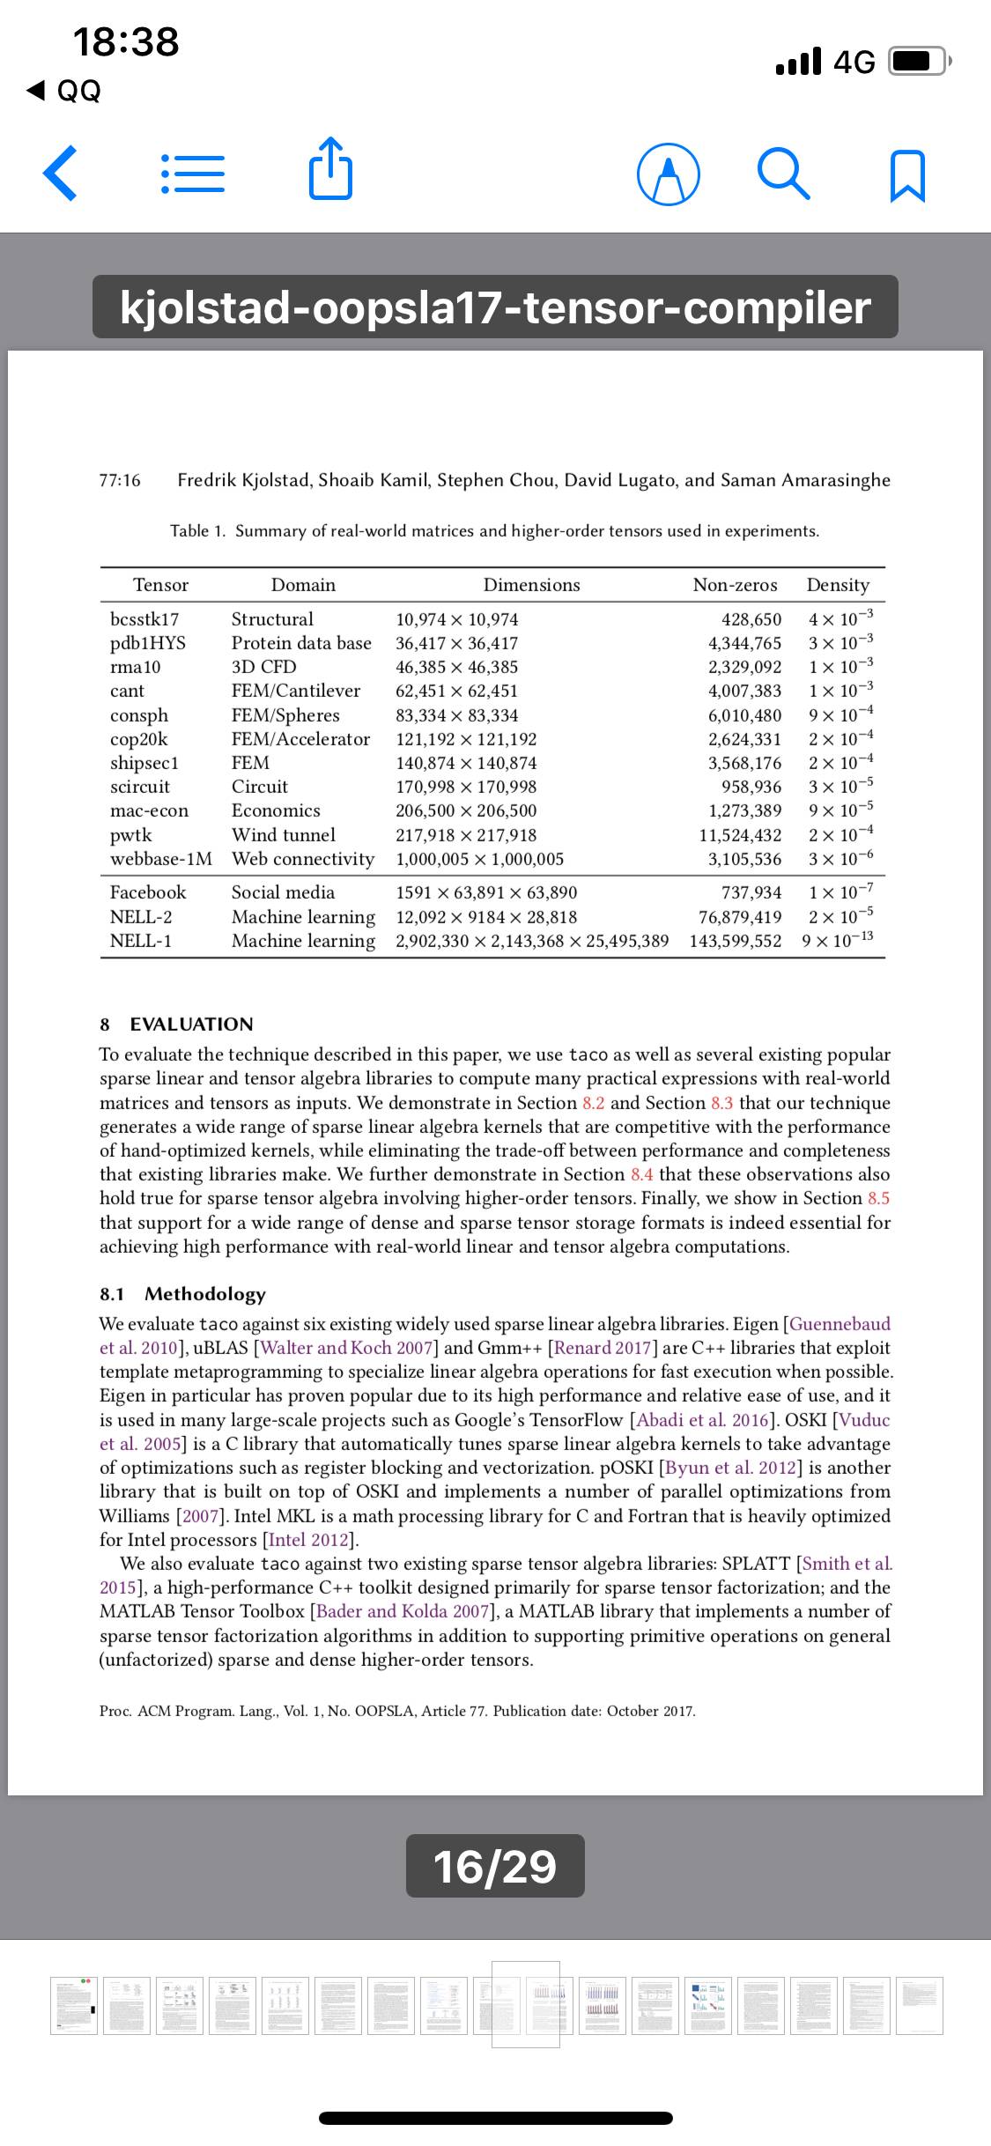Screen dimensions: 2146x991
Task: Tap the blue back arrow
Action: click(x=60, y=175)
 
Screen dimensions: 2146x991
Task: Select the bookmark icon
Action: click(x=908, y=176)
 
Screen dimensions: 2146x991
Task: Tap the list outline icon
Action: click(x=192, y=175)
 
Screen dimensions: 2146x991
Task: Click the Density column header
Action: click(x=838, y=585)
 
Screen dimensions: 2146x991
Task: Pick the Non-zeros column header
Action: click(x=735, y=585)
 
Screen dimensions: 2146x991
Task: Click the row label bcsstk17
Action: click(x=144, y=619)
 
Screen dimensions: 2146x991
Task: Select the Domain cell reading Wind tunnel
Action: click(x=284, y=834)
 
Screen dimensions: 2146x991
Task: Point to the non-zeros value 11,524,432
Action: click(x=740, y=834)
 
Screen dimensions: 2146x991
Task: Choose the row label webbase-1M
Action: click(x=161, y=858)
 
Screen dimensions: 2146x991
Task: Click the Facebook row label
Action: click(x=148, y=892)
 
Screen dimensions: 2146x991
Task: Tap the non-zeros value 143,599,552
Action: click(x=735, y=941)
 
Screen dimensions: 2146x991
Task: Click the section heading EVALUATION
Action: click(x=191, y=1024)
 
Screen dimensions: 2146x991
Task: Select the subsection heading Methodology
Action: click(x=204, y=1294)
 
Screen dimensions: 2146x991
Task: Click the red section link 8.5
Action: click(x=878, y=1198)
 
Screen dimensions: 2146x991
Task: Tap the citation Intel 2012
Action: click(x=311, y=1540)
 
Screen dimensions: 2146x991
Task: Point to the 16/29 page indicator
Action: click(x=495, y=1866)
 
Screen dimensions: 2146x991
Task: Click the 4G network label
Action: click(x=854, y=62)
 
